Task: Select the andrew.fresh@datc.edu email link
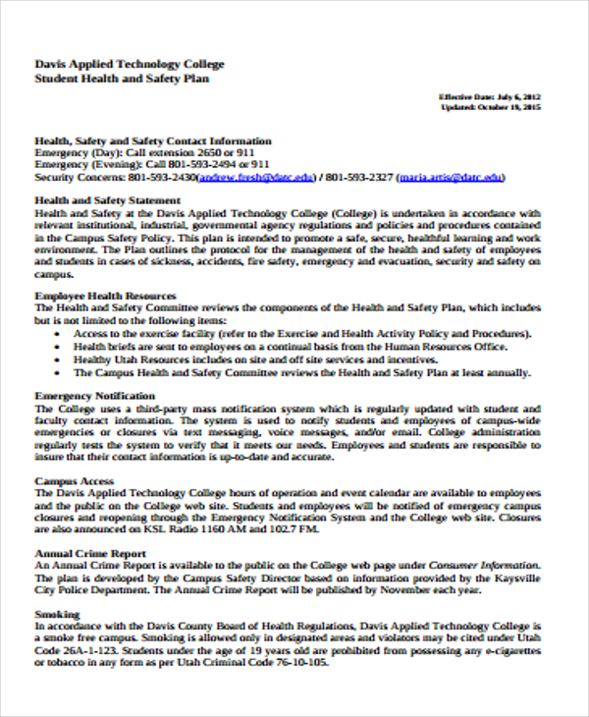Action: (x=256, y=178)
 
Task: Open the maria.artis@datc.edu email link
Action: (x=452, y=178)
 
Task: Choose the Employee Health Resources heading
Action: (x=105, y=295)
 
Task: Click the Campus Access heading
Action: (x=75, y=481)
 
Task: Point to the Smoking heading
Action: (x=58, y=614)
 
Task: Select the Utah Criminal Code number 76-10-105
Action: (x=294, y=662)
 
